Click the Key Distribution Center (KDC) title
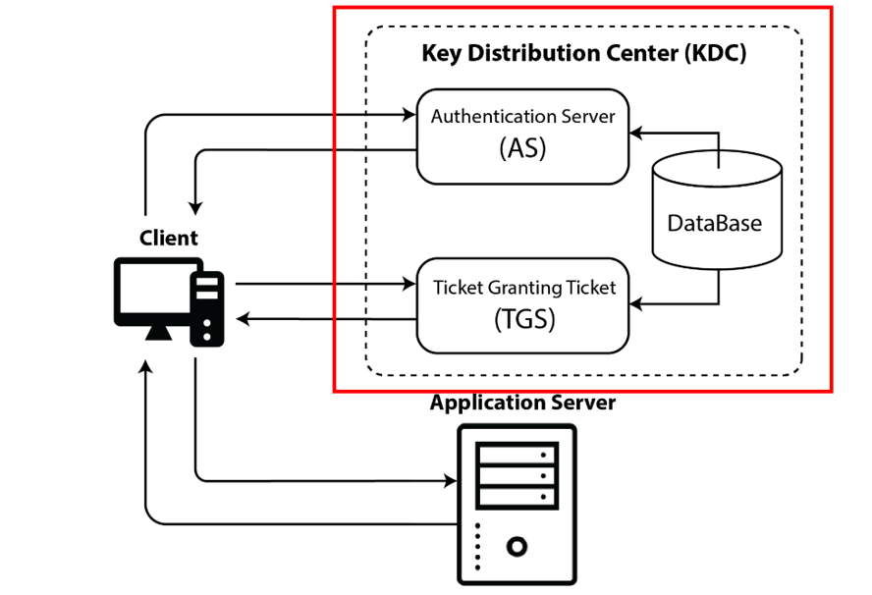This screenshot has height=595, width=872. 583,53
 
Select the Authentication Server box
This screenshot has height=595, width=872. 522,135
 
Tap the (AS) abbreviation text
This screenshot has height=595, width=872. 522,149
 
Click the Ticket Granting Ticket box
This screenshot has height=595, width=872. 522,304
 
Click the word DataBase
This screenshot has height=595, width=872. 715,223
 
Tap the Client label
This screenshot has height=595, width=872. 168,238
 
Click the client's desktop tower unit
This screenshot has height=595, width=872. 207,307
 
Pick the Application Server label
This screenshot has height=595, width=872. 522,403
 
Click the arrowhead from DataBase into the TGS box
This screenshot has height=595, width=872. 636,305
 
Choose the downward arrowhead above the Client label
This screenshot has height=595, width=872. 196,208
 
